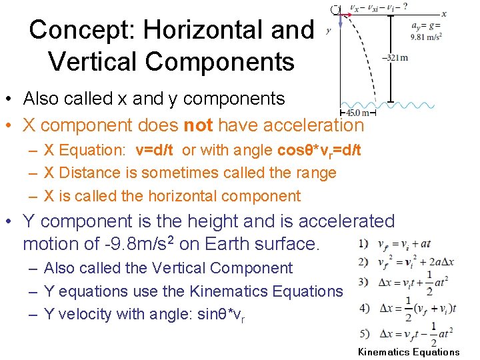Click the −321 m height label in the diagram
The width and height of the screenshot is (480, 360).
tap(395, 57)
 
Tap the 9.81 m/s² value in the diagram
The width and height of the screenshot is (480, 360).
tap(426, 37)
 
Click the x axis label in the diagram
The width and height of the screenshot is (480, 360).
tap(444, 14)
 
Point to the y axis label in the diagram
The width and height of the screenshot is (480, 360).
tap(328, 30)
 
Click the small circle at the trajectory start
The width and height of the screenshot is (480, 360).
tap(336, 9)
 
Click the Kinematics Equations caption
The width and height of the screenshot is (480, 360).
tap(409, 352)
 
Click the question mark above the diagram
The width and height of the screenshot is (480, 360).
tap(405, 6)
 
